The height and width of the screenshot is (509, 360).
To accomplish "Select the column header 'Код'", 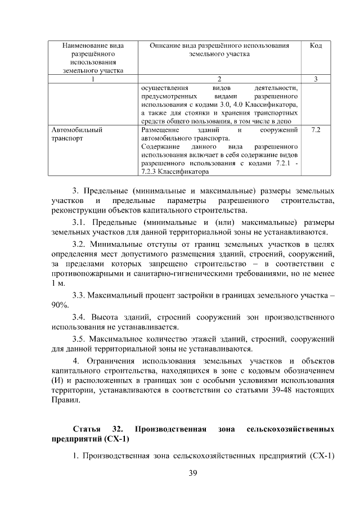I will pos(316,45).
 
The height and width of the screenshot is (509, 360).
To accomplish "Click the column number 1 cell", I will pos(93,79).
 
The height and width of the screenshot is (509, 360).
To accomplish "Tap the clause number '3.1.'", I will pos(82,221).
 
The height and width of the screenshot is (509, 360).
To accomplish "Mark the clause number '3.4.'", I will pos(82,317).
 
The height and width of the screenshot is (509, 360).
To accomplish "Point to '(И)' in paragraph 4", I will pos(58,381).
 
